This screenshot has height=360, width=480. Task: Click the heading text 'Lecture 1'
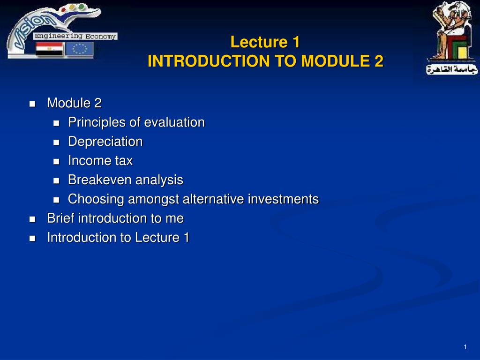click(265, 42)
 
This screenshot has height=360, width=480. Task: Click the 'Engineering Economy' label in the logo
click(75, 36)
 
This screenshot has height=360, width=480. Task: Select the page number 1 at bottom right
click(465, 347)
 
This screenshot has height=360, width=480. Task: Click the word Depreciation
click(105, 142)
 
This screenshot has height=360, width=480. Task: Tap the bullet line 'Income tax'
click(100, 161)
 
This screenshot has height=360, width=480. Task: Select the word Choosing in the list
click(96, 199)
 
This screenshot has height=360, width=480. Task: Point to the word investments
click(283, 199)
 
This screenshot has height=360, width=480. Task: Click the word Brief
click(61, 218)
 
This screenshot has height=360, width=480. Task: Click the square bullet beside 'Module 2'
click(32, 104)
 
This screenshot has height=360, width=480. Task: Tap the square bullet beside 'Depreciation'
click(57, 142)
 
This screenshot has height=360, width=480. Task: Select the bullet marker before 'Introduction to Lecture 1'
click(32, 238)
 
